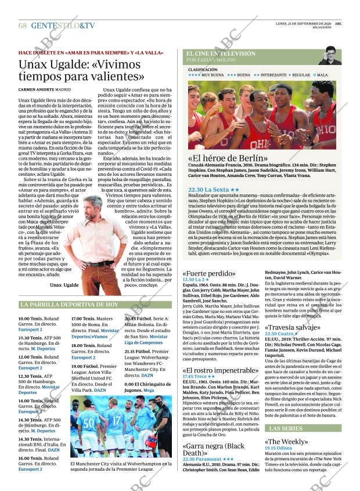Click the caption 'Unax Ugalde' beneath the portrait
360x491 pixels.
64,285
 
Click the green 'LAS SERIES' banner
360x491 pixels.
285,428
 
